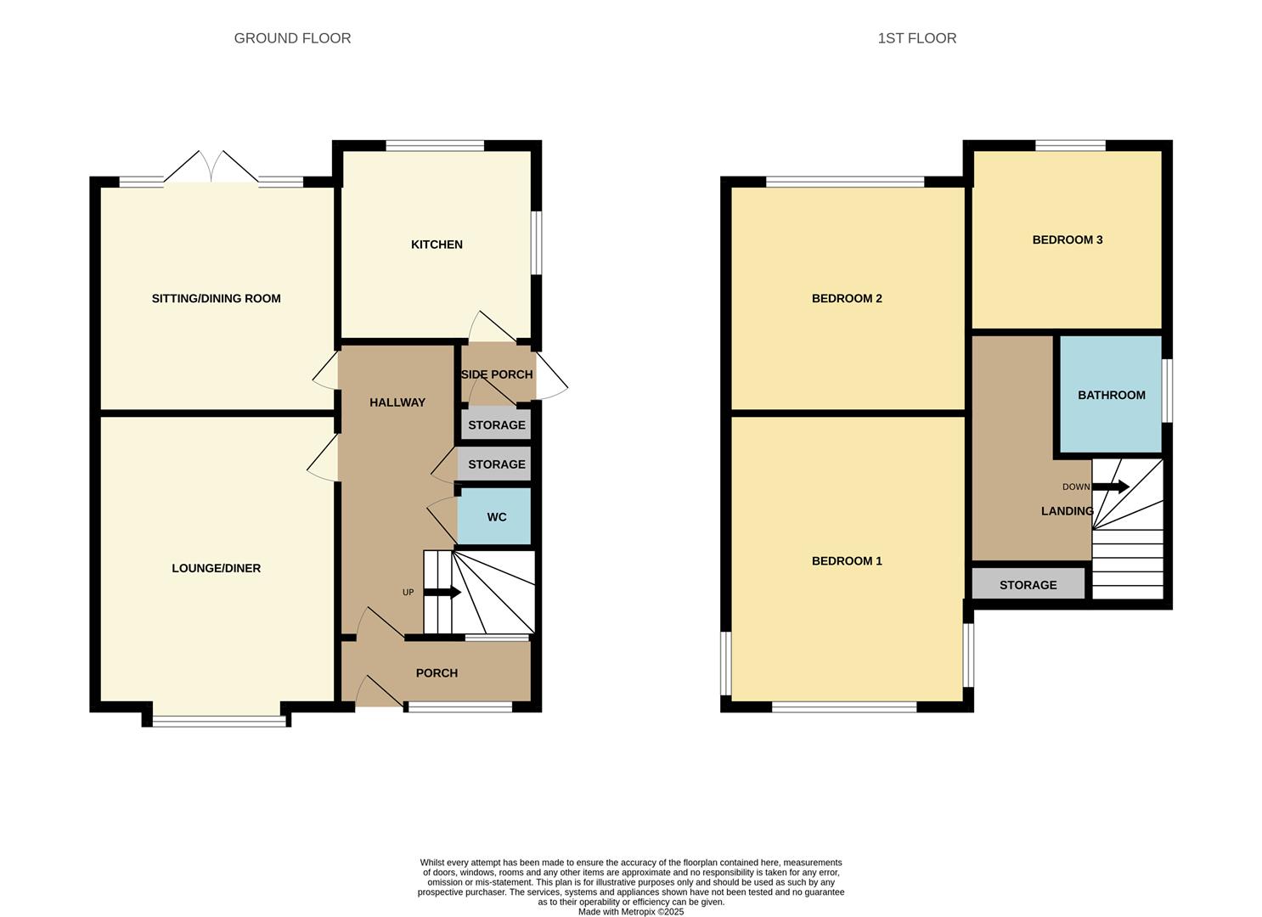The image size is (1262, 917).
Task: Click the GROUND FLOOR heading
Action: coord(292,38)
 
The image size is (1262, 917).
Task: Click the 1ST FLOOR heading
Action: coord(916,38)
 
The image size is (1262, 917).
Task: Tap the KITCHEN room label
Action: coord(437,245)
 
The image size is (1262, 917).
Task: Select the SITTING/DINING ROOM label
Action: coord(216,299)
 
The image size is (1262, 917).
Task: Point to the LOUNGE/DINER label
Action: coord(216,569)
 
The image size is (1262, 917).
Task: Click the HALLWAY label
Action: coord(397,402)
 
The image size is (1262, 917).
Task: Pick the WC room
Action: coord(496,516)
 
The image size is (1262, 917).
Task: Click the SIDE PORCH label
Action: coord(497,374)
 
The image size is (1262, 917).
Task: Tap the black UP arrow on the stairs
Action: coord(442,593)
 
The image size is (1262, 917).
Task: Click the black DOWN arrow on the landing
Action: coord(1110,487)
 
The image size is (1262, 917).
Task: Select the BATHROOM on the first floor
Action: coord(1111,395)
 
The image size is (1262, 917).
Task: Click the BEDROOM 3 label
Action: coord(1067,240)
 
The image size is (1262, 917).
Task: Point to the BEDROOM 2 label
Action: coord(847,299)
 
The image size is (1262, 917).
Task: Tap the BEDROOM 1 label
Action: coord(847,561)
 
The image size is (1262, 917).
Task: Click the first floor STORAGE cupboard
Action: coord(1028,585)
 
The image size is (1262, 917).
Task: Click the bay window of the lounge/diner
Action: coord(220,721)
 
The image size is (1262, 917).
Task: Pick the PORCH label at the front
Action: coord(437,673)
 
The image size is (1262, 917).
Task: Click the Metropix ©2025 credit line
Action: coord(630,912)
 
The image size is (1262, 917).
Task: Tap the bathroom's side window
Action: coord(1167,391)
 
